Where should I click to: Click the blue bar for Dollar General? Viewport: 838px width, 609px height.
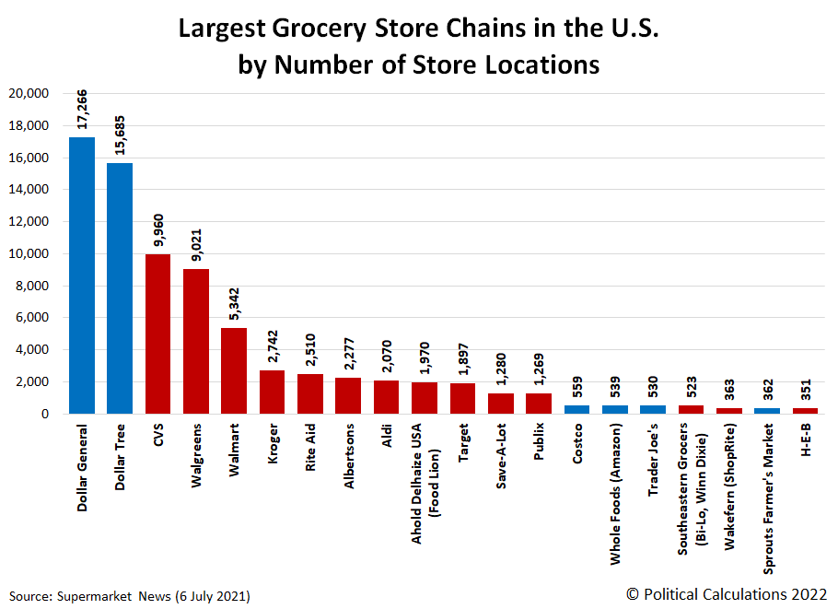[82, 275]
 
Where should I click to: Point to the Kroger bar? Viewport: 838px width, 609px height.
[272, 392]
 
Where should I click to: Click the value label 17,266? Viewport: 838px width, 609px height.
[83, 111]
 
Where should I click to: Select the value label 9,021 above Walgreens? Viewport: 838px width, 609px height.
[197, 241]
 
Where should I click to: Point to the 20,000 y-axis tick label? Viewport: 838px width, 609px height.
[29, 94]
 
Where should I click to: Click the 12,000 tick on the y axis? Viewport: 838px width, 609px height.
[29, 222]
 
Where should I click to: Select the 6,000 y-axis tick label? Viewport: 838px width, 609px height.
[32, 318]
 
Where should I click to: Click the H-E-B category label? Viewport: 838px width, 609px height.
[806, 442]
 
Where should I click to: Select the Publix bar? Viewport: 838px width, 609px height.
[539, 404]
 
